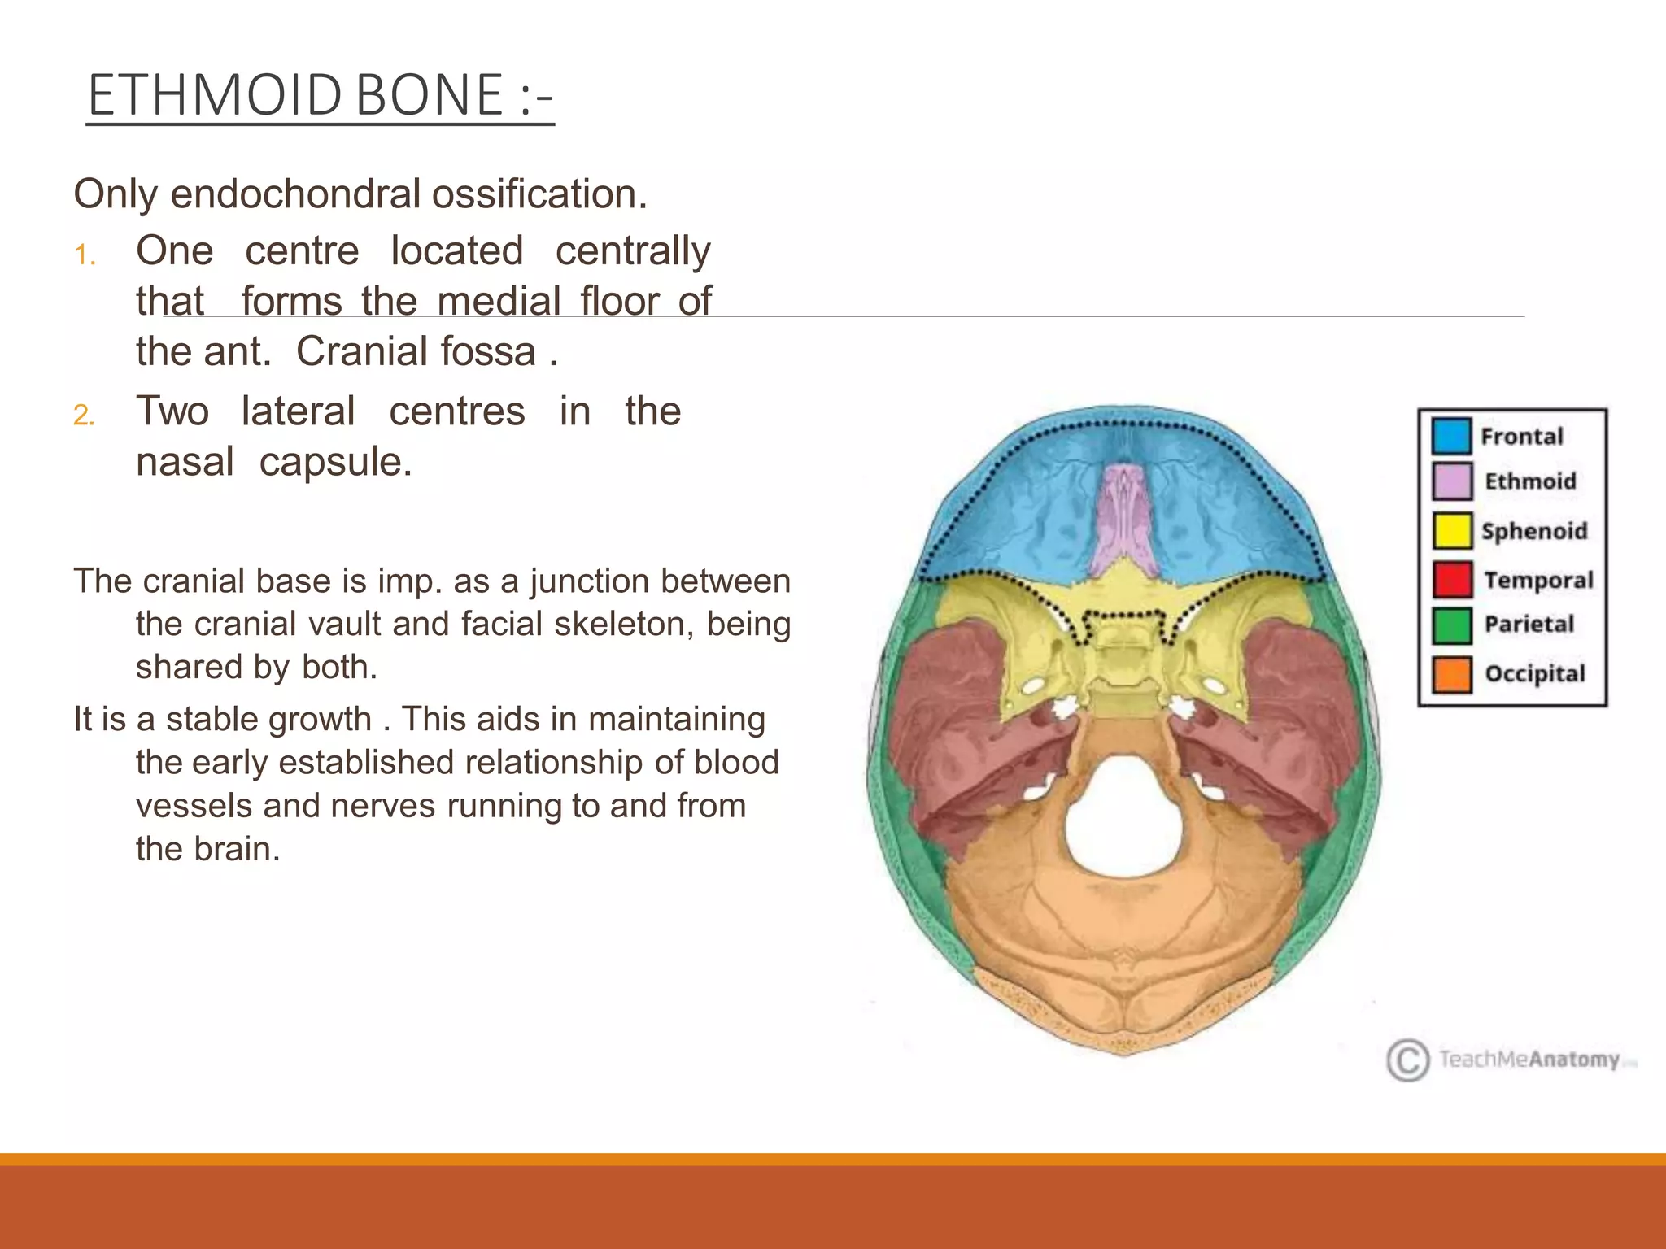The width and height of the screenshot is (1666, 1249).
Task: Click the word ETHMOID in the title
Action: (x=215, y=95)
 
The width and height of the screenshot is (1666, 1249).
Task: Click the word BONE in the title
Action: (x=430, y=95)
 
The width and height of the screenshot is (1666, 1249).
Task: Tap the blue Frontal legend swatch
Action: (x=1451, y=436)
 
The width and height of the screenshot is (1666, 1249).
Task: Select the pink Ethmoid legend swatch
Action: (x=1451, y=481)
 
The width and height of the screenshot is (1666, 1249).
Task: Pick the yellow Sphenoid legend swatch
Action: (x=1451, y=531)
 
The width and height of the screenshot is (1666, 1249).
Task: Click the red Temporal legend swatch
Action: (x=1451, y=580)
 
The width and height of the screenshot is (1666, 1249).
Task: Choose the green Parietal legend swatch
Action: (x=1451, y=624)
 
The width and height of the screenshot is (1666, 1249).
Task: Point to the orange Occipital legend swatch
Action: (x=1451, y=674)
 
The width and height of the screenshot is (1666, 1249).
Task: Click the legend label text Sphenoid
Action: (x=1533, y=531)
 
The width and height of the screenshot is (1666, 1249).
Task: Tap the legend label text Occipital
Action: (x=1534, y=674)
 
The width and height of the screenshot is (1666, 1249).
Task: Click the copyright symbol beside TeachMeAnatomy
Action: (x=1407, y=1060)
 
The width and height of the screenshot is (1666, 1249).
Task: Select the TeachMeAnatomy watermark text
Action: (x=1529, y=1060)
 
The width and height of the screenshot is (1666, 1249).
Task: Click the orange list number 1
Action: (x=85, y=255)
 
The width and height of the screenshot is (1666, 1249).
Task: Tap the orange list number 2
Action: (x=85, y=416)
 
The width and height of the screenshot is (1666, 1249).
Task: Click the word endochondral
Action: (x=296, y=194)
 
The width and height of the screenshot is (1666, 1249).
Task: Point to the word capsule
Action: (x=335, y=462)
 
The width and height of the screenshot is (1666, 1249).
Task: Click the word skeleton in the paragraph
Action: (x=617, y=624)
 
